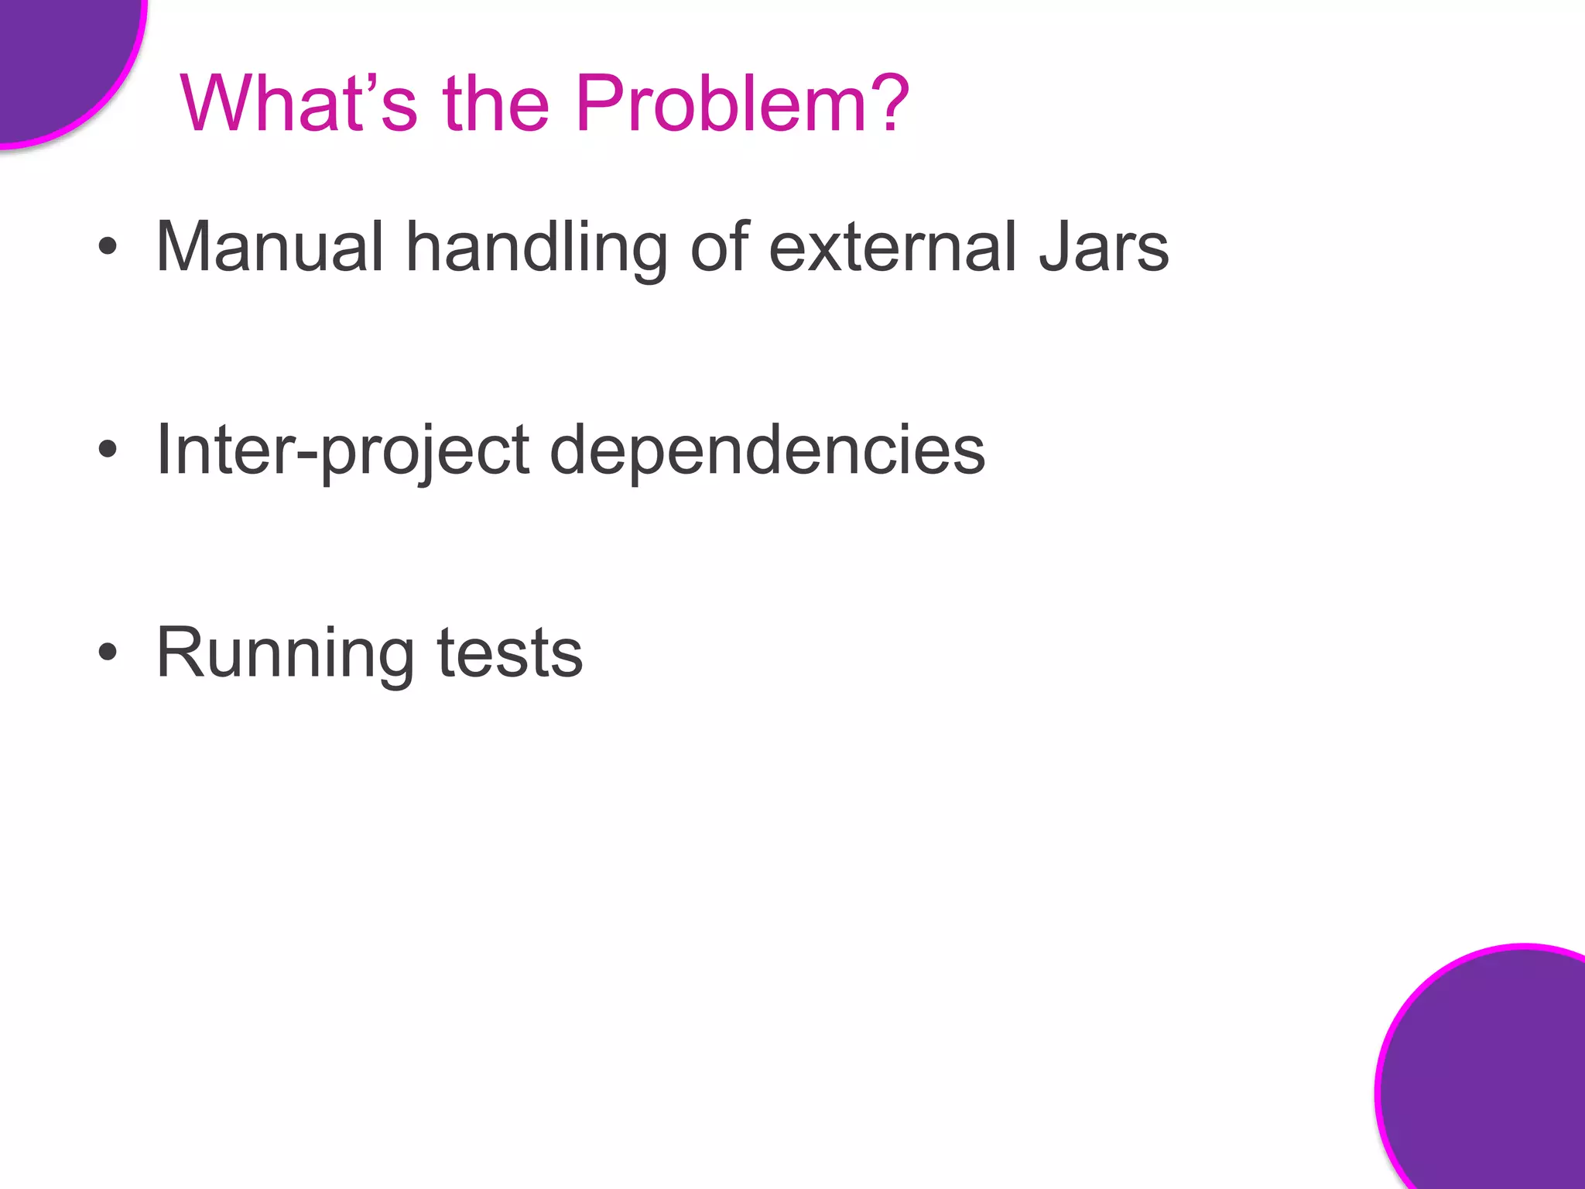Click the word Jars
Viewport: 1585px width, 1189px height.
[x=1104, y=247]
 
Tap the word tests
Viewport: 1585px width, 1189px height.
[x=509, y=655]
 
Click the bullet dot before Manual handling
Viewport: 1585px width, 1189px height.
[x=108, y=247]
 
